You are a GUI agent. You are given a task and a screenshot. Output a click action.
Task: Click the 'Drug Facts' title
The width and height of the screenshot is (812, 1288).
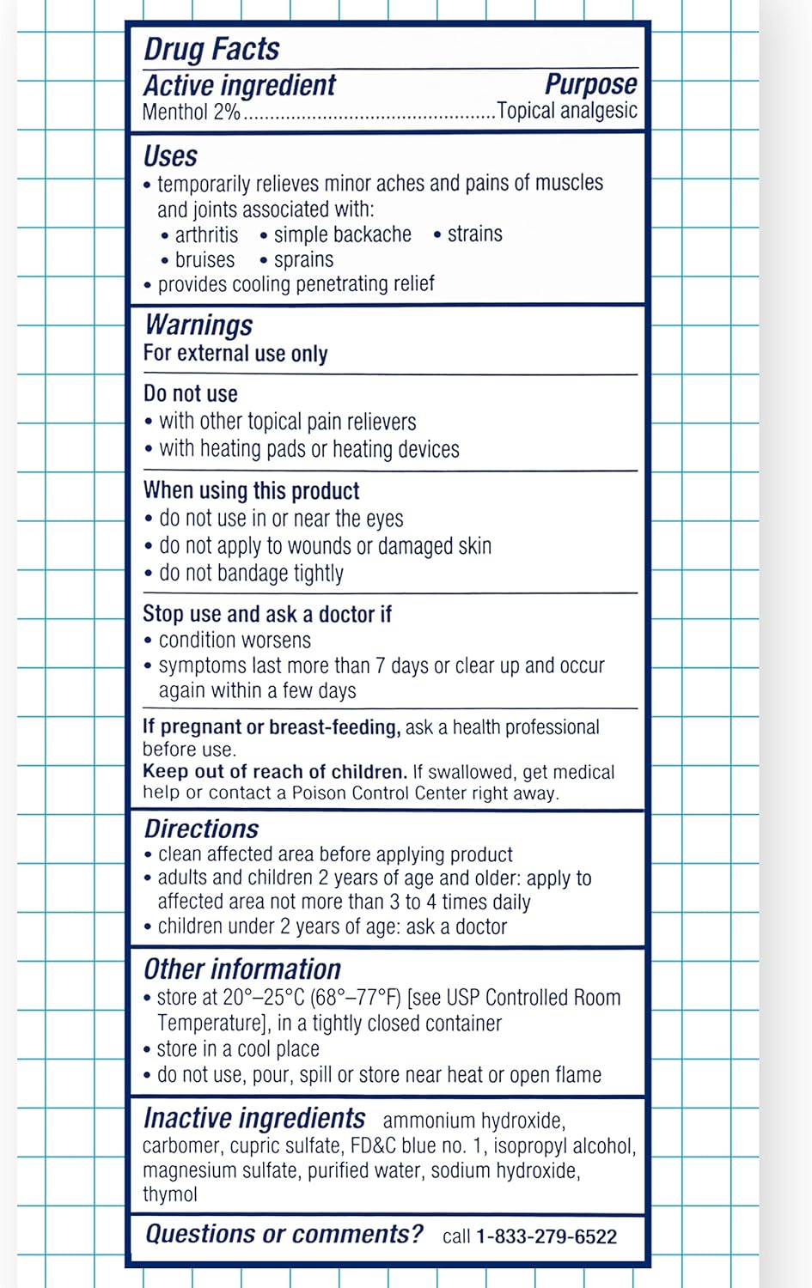[x=211, y=49]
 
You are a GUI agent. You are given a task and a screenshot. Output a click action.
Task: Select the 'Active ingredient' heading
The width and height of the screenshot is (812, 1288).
[x=239, y=86]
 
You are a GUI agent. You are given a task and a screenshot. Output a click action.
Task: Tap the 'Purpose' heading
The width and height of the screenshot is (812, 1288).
[x=590, y=84]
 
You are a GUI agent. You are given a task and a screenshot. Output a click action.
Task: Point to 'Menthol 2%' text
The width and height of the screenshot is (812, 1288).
[x=191, y=112]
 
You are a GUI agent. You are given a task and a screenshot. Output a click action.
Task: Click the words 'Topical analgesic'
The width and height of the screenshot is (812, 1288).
[x=567, y=111]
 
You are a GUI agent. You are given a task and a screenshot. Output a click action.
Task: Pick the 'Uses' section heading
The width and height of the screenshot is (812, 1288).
[x=170, y=156]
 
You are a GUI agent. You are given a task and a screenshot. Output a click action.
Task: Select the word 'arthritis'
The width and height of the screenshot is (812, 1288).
[x=206, y=235]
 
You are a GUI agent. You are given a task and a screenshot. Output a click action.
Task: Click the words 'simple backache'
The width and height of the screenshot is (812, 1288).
[x=342, y=235]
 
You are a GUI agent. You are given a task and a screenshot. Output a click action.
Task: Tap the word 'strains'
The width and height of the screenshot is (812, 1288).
[x=474, y=234]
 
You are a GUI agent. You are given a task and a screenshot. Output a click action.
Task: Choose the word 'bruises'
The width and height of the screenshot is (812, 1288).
[x=205, y=260]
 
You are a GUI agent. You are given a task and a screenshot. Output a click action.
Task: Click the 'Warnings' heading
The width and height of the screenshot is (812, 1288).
[x=198, y=325]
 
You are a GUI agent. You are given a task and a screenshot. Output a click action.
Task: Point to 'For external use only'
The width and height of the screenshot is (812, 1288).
[x=235, y=354]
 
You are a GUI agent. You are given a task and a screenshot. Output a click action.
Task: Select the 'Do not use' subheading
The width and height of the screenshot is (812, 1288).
[x=191, y=394]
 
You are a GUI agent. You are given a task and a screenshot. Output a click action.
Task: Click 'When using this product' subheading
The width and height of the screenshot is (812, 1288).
[x=251, y=491]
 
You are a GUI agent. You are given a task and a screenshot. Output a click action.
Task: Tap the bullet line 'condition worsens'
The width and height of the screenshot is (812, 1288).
[x=235, y=641]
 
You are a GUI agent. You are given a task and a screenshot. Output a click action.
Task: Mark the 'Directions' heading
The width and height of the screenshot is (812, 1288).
[x=201, y=829]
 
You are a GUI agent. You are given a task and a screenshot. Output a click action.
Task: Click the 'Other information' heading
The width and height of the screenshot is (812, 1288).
[x=242, y=969]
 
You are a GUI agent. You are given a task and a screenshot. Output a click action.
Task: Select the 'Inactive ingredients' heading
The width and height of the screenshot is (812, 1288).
[x=254, y=1118]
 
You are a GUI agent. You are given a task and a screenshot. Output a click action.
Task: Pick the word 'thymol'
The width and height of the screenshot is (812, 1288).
[x=170, y=1194]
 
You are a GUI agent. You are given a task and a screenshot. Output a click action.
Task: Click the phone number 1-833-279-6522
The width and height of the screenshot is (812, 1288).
[x=546, y=1236]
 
